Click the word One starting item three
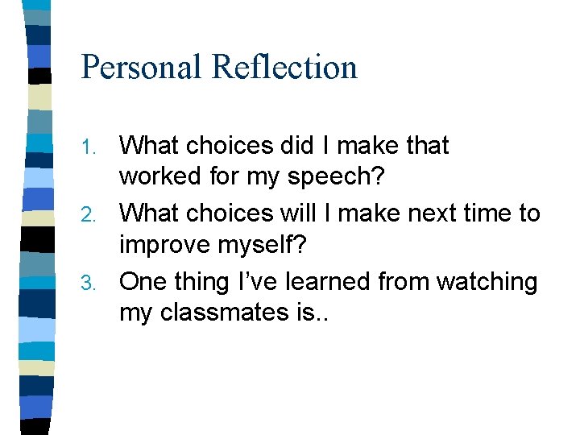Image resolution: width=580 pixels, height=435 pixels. pyautogui.click(x=143, y=282)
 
